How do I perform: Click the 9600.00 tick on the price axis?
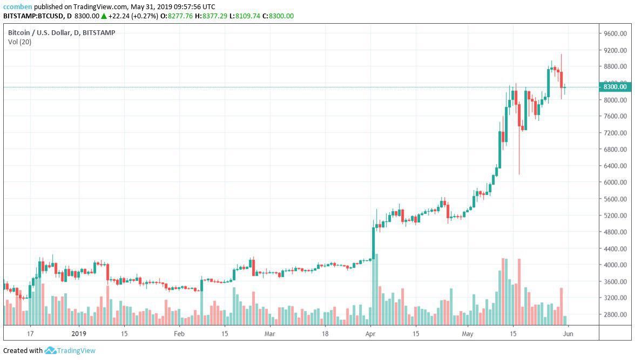[x=615, y=33]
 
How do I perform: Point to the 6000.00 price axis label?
[x=615, y=182]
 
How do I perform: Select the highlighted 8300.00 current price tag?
[x=615, y=87]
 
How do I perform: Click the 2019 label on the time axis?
[x=79, y=334]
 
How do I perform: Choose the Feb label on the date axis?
[x=179, y=334]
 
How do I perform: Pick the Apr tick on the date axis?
[x=370, y=334]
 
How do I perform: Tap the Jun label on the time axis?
[x=568, y=334]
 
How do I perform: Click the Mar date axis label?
[x=270, y=334]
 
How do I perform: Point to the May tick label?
[x=468, y=334]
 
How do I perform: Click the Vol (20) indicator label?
[x=19, y=42]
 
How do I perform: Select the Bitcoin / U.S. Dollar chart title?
[x=61, y=32]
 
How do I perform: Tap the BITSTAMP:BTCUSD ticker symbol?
[x=34, y=16]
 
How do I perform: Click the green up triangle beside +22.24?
[x=103, y=16]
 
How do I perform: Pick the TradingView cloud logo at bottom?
[x=51, y=351]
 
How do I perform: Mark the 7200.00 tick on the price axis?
[x=615, y=133]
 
